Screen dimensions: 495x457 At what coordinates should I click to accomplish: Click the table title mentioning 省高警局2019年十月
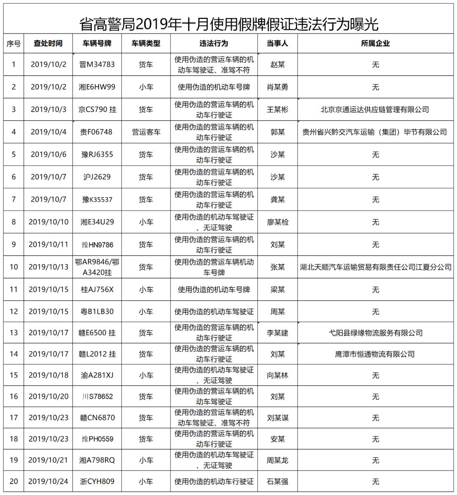coord(228,24)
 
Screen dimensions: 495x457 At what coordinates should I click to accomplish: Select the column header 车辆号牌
coord(97,44)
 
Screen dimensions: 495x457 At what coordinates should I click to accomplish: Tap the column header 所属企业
coord(375,44)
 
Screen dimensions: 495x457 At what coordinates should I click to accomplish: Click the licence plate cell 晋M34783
coord(97,65)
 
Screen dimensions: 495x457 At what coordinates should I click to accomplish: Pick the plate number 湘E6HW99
coord(97,87)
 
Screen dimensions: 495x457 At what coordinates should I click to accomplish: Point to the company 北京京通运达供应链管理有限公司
coord(375,109)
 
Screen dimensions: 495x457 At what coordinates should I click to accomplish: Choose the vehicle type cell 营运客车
coord(146,132)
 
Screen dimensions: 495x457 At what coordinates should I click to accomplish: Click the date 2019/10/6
coord(49,155)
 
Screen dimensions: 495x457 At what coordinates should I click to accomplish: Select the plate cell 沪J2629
coord(97,177)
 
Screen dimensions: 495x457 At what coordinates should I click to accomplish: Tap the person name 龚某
coord(278,200)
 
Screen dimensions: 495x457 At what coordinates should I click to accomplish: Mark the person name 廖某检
coord(278,222)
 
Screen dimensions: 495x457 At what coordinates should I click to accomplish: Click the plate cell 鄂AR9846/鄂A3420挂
coord(97,267)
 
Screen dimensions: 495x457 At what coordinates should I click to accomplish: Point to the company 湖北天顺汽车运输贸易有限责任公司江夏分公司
coord(375,267)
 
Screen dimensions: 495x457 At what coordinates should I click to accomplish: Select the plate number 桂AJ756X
coord(97,290)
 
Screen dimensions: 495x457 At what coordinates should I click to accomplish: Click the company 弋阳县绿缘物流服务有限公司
coord(376,333)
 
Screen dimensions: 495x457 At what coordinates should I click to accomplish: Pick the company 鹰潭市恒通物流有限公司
coord(375,354)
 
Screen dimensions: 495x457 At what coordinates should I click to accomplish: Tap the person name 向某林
coord(278,375)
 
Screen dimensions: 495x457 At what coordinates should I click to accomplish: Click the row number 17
coord(14,418)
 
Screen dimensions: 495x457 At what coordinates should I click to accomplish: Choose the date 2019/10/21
coord(49,460)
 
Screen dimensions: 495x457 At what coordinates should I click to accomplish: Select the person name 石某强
coord(278,481)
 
